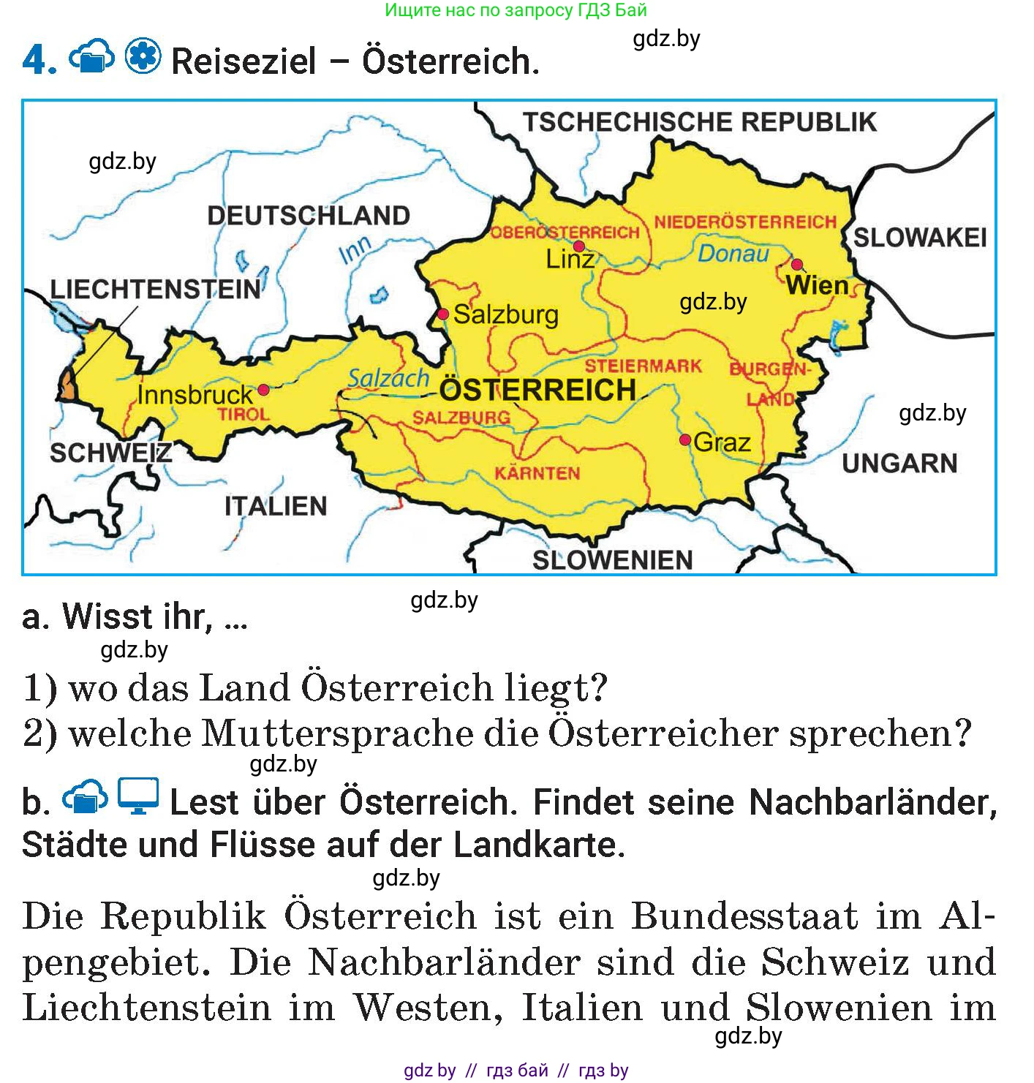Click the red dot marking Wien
click(x=797, y=264)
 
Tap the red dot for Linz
click(x=579, y=246)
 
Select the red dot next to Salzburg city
click(x=443, y=314)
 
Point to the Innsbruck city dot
click(x=263, y=390)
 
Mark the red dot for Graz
click(x=685, y=439)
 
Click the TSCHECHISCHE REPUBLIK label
click(x=699, y=121)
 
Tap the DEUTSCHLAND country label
click(x=309, y=216)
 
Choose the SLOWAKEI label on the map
click(x=920, y=238)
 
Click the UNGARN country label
click(x=899, y=463)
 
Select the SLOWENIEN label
click(x=612, y=560)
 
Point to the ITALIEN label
click(x=276, y=506)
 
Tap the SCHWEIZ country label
click(x=110, y=453)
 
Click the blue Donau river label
click(x=733, y=254)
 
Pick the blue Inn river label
click(x=355, y=250)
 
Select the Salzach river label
click(x=388, y=378)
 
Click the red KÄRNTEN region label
click(x=537, y=473)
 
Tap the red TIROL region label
click(x=243, y=414)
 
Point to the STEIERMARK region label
click(x=644, y=366)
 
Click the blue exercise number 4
click(x=39, y=61)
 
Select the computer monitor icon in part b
click(x=138, y=796)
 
